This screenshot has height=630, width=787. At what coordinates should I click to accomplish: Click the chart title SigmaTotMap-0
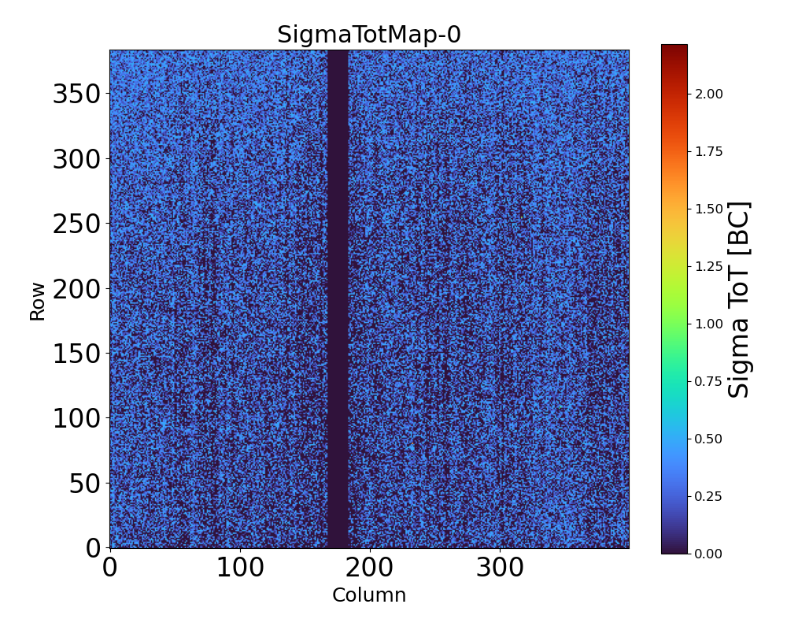coord(369,35)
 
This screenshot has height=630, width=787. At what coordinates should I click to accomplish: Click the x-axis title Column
coord(369,595)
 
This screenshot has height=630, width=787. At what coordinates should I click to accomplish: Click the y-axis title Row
coord(38,299)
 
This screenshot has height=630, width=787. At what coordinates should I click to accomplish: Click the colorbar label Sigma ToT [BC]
coord(738,299)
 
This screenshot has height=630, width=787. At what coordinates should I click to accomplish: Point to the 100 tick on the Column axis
coord(240,569)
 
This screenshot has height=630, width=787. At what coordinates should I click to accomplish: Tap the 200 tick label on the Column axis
coord(370,569)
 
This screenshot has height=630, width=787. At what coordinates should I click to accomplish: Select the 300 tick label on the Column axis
coord(500,569)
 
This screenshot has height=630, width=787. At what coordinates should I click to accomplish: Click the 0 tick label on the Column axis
coord(110,569)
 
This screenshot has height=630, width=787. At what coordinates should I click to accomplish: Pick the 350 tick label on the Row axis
coord(77,94)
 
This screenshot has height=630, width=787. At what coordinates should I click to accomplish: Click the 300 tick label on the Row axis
coord(77,160)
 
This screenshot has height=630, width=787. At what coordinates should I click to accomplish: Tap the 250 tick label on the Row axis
coord(77,224)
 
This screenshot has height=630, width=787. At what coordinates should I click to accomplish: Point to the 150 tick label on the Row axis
coord(77,354)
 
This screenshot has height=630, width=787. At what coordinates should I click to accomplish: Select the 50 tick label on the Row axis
coord(84,483)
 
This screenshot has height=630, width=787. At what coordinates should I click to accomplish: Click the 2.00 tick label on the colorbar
coord(708,94)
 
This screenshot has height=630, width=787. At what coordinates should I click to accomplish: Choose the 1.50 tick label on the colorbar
coord(708,209)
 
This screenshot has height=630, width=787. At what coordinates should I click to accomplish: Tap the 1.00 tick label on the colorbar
coord(708,324)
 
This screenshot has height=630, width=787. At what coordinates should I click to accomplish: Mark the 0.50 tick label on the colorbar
coord(708,439)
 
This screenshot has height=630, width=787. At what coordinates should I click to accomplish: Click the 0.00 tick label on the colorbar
coord(708,554)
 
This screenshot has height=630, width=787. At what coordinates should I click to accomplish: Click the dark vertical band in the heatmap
coord(338,299)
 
